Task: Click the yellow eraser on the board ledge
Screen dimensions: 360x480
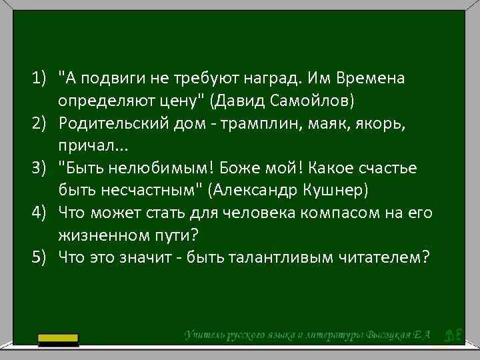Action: [x=59, y=339]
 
